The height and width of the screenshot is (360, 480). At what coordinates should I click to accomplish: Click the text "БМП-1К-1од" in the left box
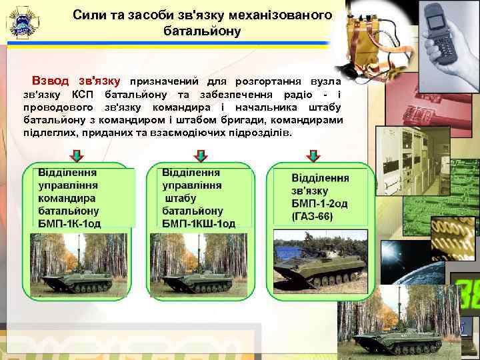click(69, 223)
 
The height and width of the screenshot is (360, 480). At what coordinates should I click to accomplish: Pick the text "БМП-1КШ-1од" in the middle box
click(199, 223)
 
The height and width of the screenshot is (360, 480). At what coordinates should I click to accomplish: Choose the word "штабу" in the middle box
click(181, 198)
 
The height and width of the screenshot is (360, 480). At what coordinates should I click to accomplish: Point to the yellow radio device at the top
click(366, 33)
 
